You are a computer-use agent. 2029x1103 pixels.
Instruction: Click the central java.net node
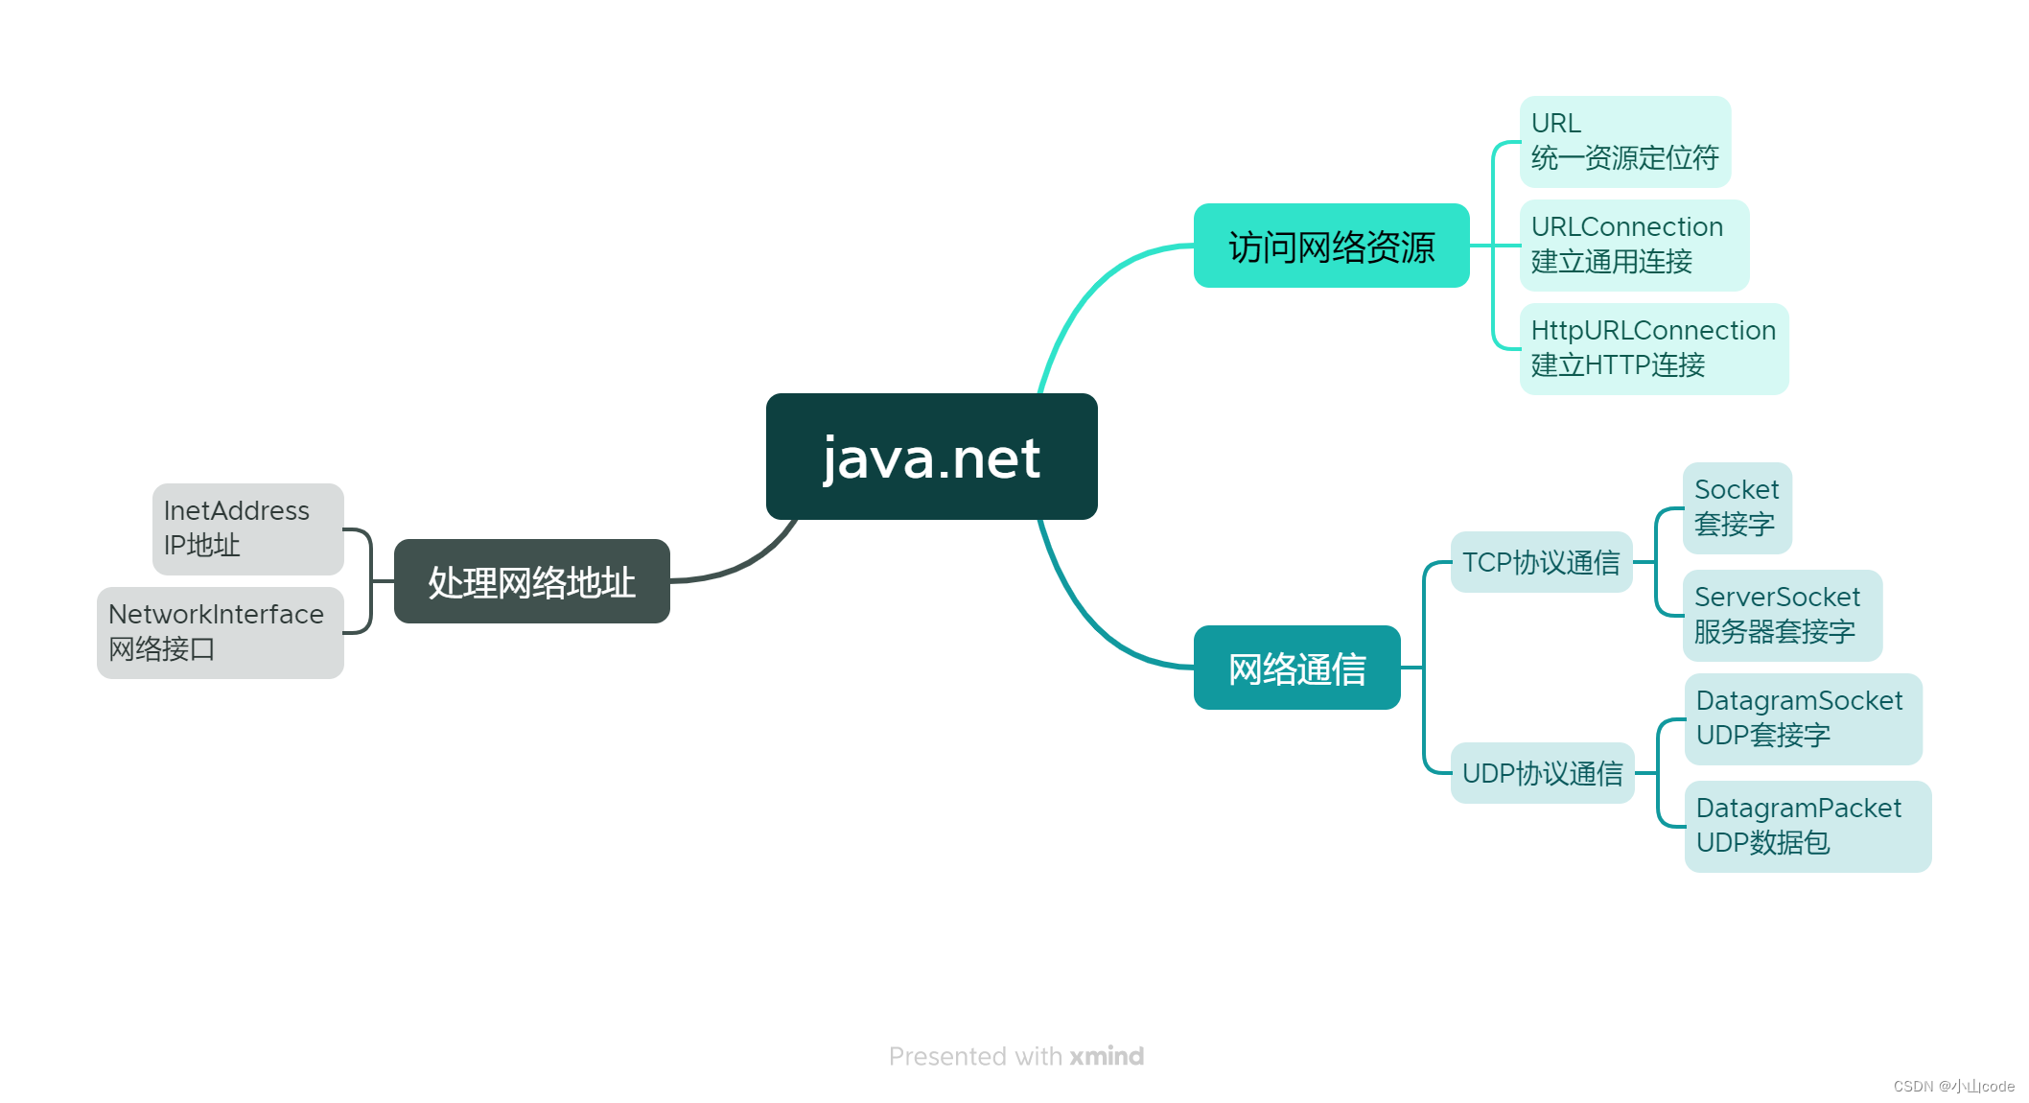pos(931,457)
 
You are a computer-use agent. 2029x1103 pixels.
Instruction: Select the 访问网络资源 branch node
pos(1331,246)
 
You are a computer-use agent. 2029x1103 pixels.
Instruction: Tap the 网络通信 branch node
pos(1296,668)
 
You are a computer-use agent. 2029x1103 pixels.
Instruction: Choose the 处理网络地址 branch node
pos(531,581)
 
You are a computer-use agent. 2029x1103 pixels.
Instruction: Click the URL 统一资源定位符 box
pos(1624,141)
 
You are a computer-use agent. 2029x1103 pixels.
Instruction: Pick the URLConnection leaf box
pos(1634,245)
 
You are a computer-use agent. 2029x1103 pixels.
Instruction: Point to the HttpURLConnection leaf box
pos(1653,348)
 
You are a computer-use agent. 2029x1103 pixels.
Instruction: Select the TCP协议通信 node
pos(1541,562)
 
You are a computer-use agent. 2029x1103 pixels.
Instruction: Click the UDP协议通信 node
pos(1542,773)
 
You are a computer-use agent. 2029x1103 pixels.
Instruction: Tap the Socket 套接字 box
pos(1737,507)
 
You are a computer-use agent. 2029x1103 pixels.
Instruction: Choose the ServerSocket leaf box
pos(1782,615)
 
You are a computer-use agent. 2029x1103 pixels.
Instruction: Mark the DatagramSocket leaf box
pos(1803,718)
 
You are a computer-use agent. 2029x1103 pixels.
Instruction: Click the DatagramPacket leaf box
pos(1807,826)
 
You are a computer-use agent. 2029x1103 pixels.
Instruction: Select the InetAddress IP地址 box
pos(247,528)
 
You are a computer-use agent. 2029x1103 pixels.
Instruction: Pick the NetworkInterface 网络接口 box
pos(220,632)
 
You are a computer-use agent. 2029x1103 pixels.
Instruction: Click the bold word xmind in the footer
pos(1107,1056)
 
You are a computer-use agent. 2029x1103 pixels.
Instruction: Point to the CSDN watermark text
pos(1953,1087)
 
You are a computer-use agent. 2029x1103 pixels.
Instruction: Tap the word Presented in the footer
pos(947,1056)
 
